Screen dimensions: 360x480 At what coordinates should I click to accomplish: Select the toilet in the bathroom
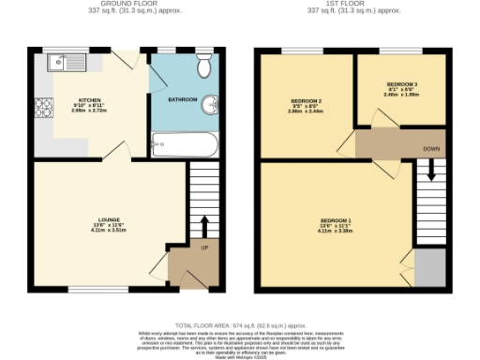tap(203, 67)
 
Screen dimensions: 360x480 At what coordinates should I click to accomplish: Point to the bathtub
tap(185, 145)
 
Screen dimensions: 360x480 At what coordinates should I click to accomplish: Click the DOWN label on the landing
tap(430, 148)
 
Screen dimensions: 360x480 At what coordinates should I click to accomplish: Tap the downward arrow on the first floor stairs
tap(430, 172)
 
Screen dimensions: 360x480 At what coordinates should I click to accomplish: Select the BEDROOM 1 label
tap(336, 221)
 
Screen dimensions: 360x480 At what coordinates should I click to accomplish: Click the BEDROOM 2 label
tap(306, 100)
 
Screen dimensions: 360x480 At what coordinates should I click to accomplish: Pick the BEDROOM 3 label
tap(401, 84)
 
